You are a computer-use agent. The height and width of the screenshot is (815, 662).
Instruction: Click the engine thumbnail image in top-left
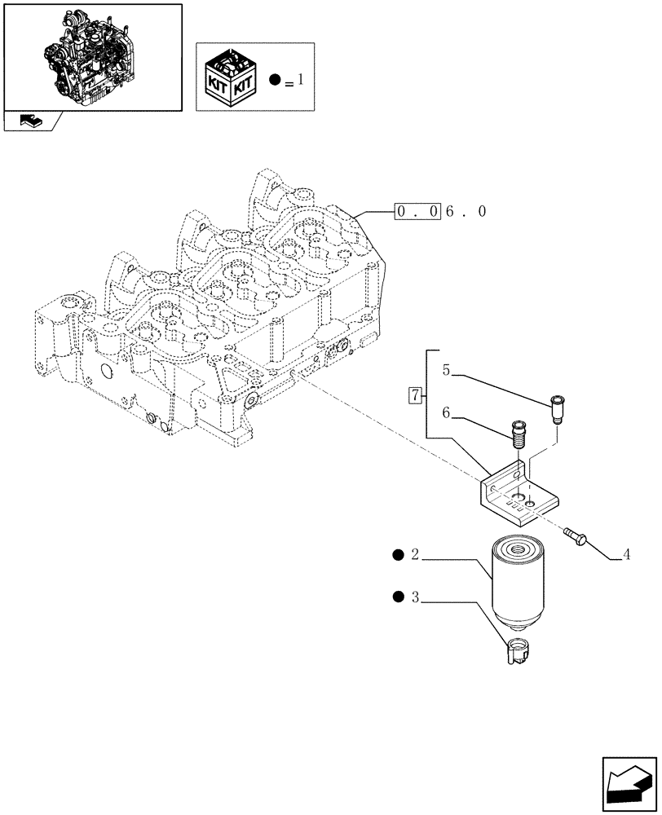pyautogui.click(x=92, y=56)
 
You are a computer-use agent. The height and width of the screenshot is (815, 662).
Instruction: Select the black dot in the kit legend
pyautogui.click(x=275, y=80)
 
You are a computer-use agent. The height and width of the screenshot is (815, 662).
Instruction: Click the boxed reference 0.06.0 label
pyautogui.click(x=441, y=212)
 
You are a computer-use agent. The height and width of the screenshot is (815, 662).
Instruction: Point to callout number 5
pyautogui.click(x=446, y=370)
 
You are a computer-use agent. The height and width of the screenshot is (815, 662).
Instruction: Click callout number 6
pyautogui.click(x=446, y=414)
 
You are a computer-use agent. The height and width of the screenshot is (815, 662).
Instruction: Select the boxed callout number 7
pyautogui.click(x=415, y=396)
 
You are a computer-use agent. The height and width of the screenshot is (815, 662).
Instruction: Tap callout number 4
pyautogui.click(x=626, y=556)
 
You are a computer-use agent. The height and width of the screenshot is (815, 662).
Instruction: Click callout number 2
pyautogui.click(x=415, y=556)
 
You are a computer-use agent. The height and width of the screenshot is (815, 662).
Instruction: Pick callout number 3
pyautogui.click(x=415, y=598)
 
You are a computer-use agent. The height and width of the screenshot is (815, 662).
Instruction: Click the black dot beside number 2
pyautogui.click(x=398, y=556)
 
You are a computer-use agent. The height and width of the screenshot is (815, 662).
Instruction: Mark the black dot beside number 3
pyautogui.click(x=398, y=598)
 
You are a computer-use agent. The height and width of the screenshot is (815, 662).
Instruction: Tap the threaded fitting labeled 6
pyautogui.click(x=516, y=433)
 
